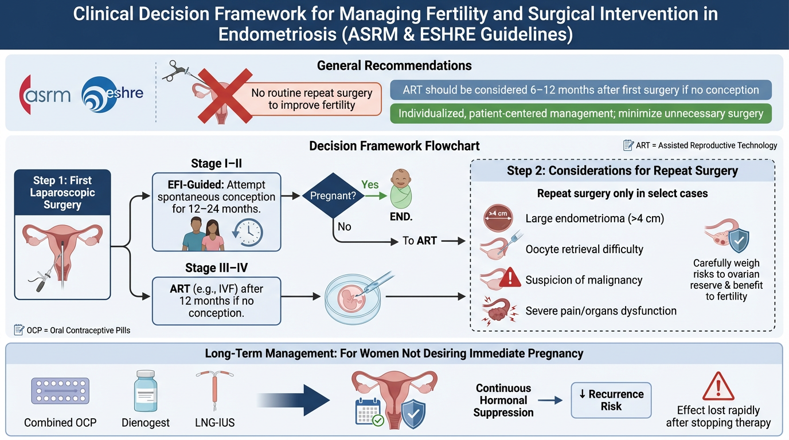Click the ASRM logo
point(45,93)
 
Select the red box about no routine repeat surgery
point(311,99)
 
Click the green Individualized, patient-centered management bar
point(580,113)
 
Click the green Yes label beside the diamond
point(370,185)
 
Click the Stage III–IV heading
point(216,267)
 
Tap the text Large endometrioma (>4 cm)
point(595,218)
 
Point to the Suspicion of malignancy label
point(584,280)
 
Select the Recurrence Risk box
point(611,400)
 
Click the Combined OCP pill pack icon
point(60,391)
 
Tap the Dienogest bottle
point(146,391)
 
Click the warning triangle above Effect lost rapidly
point(718,386)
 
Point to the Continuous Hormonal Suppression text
point(503,400)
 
